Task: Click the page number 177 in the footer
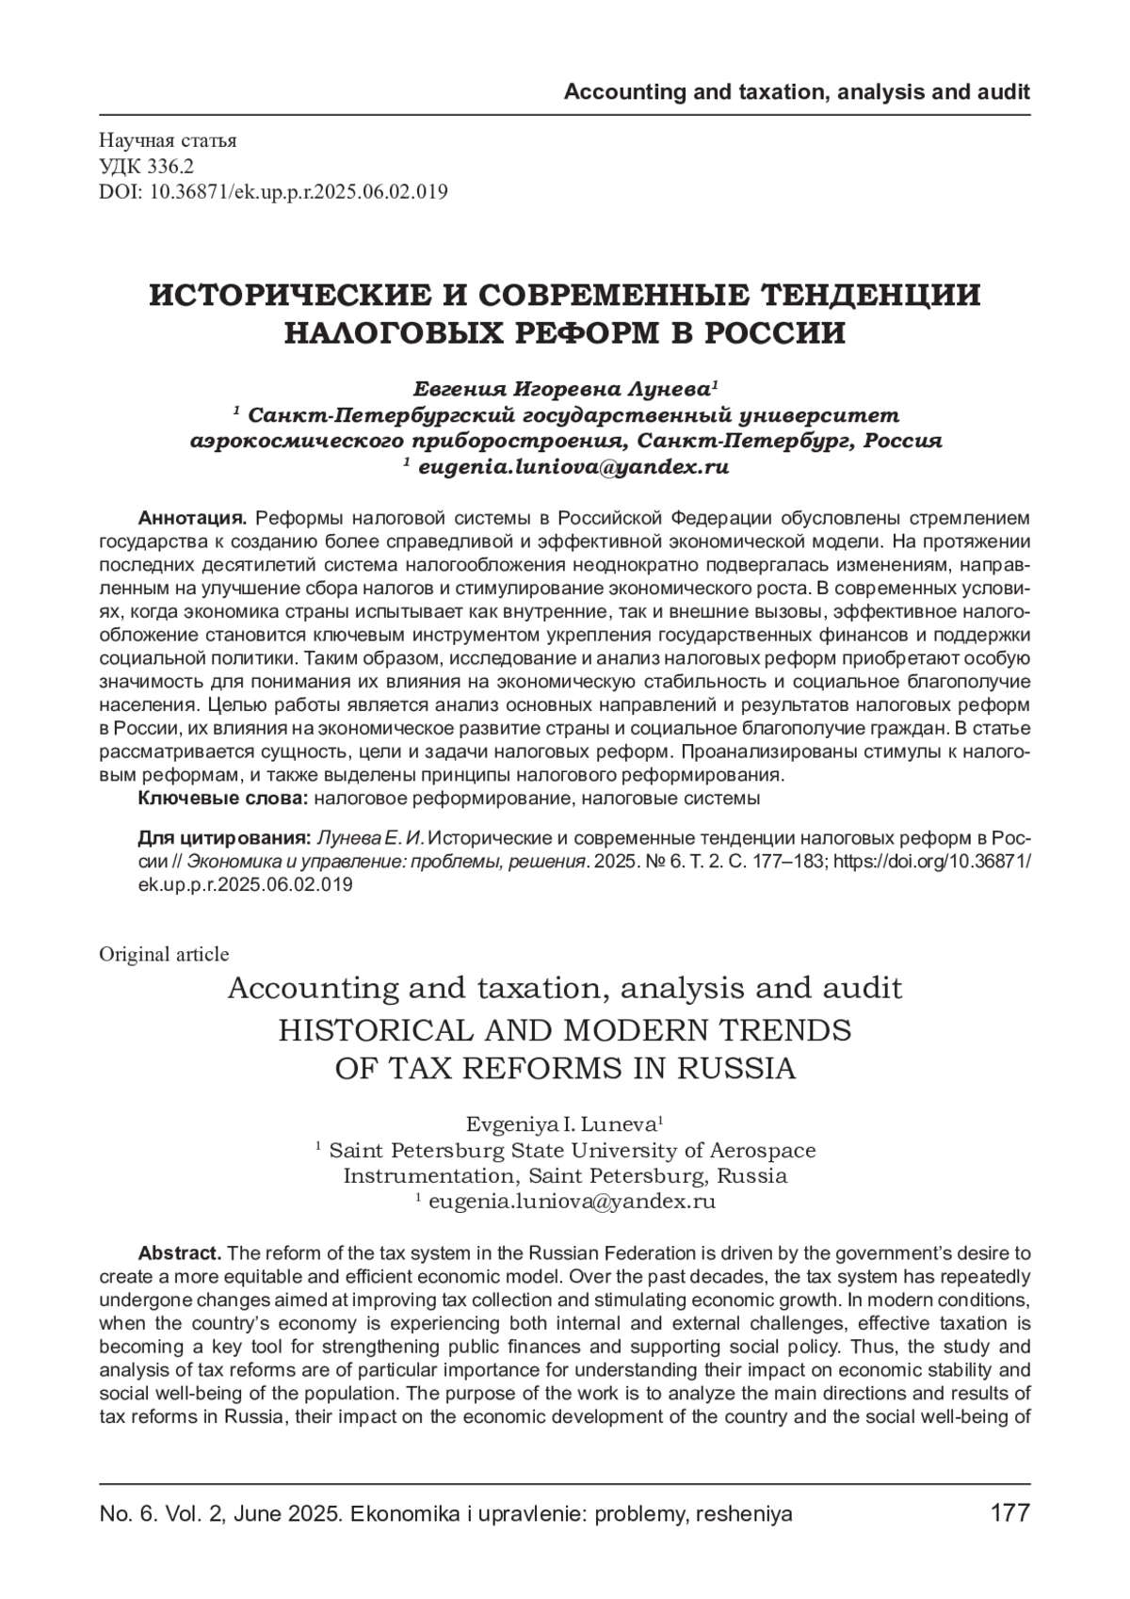(1010, 1513)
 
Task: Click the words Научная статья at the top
(168, 141)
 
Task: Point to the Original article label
(164, 954)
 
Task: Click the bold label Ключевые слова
(222, 799)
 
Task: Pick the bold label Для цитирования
(224, 838)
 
